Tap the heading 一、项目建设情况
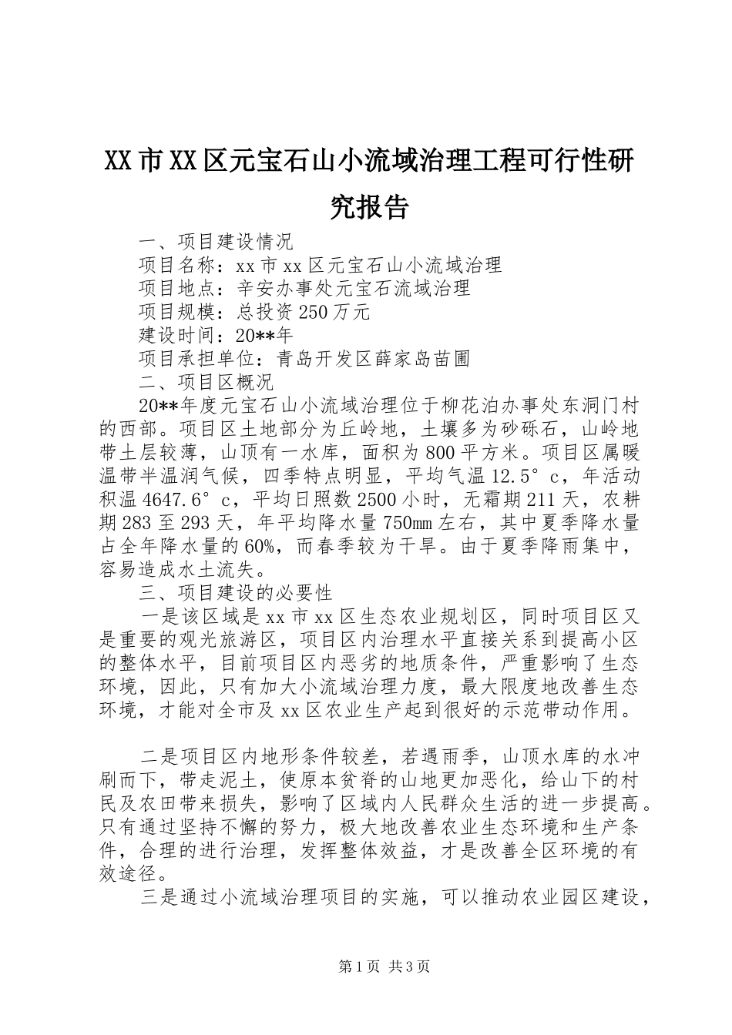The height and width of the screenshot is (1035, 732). point(216,242)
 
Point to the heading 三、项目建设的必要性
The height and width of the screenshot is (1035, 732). point(235,593)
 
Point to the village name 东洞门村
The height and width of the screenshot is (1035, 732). point(596,406)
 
